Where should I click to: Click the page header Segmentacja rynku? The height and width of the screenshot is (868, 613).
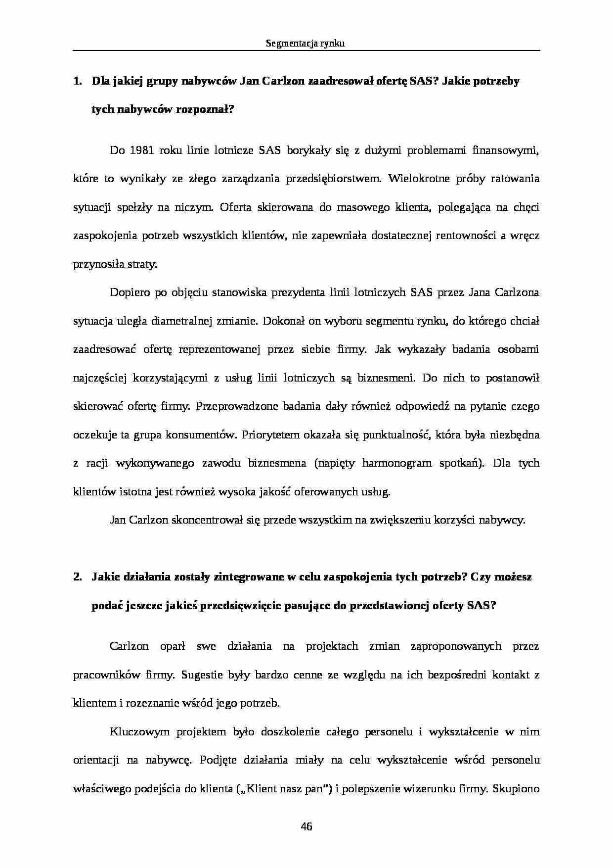(x=305, y=44)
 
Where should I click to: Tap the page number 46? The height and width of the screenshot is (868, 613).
(x=306, y=826)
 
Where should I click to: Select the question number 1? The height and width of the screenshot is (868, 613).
(x=77, y=81)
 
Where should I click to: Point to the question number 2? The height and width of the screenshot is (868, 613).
(x=77, y=577)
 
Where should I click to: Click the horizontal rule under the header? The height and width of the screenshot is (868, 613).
(x=306, y=50)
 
